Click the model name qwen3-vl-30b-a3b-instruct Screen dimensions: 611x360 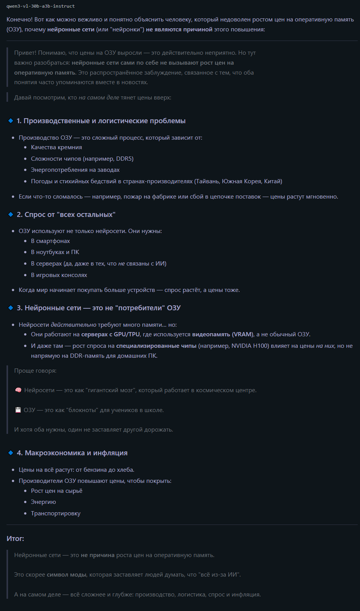coord(41,6)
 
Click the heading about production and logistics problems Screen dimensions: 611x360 coord(101,121)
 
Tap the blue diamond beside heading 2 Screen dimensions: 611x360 coord(11,215)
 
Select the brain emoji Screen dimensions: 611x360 coord(18,390)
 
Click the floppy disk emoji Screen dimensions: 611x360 coord(18,410)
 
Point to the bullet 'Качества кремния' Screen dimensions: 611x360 coord(56,147)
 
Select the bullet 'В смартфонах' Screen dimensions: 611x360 coord(50,241)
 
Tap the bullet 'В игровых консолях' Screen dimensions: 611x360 coord(59,275)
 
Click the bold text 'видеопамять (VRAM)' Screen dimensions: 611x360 coord(223,334)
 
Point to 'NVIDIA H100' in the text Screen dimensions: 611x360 coord(249,346)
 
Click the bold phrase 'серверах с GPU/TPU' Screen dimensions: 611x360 coord(110,334)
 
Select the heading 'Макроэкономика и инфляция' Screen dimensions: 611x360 coord(76,453)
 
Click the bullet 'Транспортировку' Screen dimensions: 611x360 coord(55,513)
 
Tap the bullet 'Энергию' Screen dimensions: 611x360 coord(43,502)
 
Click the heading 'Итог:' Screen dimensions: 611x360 coord(15,539)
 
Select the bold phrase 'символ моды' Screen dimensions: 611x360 coord(67,575)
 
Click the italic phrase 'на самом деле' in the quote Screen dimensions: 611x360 coord(99,98)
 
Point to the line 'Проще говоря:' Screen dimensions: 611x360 coord(35,371)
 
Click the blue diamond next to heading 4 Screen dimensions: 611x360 coord(11,453)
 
